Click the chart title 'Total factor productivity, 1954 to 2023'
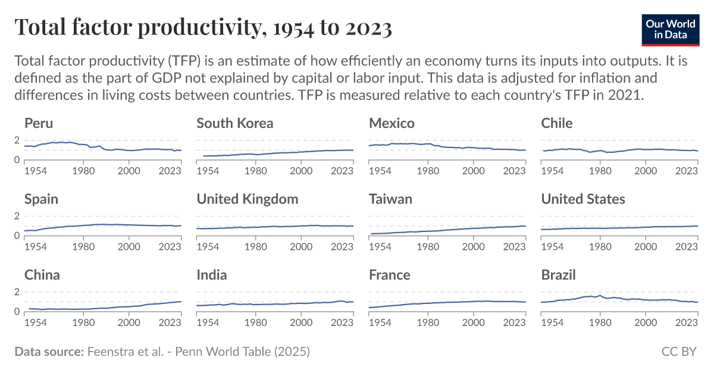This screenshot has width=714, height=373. click(203, 27)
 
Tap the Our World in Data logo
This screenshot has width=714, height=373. click(670, 28)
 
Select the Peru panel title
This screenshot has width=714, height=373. click(39, 123)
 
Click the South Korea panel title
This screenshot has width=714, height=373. click(235, 123)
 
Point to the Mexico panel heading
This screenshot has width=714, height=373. click(392, 123)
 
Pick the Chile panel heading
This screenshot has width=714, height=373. click(557, 123)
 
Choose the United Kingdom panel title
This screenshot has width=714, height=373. click(248, 199)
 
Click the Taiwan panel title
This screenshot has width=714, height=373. click(390, 199)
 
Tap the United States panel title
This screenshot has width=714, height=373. click(583, 199)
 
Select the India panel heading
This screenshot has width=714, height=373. click(212, 275)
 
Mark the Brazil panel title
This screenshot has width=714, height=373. click(559, 275)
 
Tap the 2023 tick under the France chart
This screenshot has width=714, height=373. click(513, 322)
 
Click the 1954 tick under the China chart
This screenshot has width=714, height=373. click(36, 322)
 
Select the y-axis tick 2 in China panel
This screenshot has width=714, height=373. click(17, 292)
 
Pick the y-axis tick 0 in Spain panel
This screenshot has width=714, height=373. click(17, 236)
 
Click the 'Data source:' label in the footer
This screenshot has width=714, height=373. click(49, 352)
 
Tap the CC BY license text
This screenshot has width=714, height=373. click(679, 352)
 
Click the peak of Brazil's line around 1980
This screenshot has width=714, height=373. click(600, 295)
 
